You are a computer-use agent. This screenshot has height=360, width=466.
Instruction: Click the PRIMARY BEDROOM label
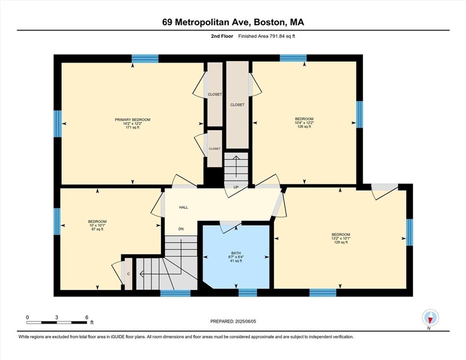[x=132, y=120]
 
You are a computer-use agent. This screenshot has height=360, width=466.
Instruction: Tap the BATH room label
[x=236, y=254]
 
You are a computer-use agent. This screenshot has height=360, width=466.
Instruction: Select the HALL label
[x=183, y=208]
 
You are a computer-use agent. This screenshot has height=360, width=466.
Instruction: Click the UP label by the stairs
[x=236, y=188]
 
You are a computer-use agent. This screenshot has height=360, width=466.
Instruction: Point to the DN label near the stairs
[x=181, y=229]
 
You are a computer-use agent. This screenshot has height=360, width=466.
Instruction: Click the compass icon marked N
[x=431, y=318]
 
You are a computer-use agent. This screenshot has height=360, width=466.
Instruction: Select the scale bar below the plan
[x=57, y=322]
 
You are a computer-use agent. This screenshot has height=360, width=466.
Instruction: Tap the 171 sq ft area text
[x=132, y=127]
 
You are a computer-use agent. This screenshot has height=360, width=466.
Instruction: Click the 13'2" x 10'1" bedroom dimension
[x=341, y=238]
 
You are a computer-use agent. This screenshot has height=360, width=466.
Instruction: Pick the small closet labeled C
[x=128, y=274]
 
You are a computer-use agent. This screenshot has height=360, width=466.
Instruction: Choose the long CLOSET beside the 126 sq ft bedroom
[x=238, y=105]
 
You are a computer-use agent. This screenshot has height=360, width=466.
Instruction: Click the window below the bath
[x=248, y=293]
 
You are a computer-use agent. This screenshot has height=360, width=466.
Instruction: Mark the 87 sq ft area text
[x=97, y=229]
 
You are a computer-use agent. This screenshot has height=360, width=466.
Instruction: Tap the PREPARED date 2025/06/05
[x=245, y=321]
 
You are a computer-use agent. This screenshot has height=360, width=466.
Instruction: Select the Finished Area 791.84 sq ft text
[x=267, y=36]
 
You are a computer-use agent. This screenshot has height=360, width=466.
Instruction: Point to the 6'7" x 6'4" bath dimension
[x=236, y=257]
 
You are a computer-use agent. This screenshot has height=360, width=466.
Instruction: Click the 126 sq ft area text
[x=304, y=127]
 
